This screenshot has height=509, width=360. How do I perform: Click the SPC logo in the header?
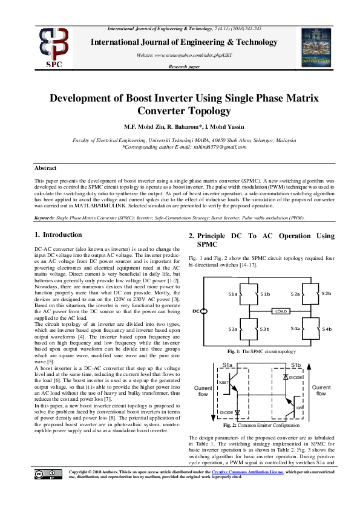(x=54, y=47)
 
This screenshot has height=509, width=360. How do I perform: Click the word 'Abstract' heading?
(x=45, y=168)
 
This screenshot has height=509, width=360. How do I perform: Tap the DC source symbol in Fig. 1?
(x=204, y=311)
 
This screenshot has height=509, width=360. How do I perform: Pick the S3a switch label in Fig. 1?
(x=233, y=329)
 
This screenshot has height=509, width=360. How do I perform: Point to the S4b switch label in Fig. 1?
(x=327, y=329)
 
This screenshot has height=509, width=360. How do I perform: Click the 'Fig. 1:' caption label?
(x=234, y=351)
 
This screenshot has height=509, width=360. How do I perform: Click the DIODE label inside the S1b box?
(x=295, y=377)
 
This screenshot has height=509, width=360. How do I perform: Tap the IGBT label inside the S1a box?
(x=223, y=382)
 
